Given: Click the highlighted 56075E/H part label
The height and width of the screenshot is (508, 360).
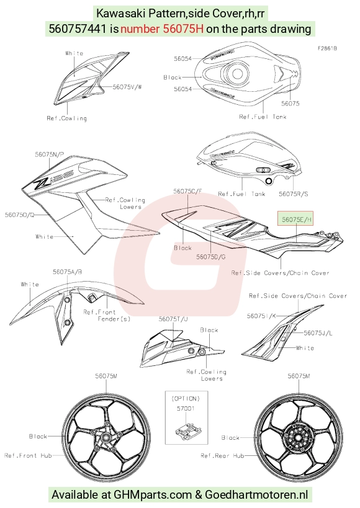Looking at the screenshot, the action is click(x=297, y=220).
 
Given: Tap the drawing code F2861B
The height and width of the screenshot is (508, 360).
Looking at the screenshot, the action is click(x=327, y=48).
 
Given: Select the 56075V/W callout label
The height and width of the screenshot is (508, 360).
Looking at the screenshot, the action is click(x=127, y=87).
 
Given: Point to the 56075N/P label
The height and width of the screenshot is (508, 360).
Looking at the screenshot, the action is click(x=49, y=154).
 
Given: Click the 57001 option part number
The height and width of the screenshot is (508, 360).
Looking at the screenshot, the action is click(x=186, y=409).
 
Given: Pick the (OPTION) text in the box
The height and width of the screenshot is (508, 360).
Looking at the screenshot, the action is click(x=186, y=398).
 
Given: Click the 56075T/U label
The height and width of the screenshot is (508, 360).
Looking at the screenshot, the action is click(x=173, y=319).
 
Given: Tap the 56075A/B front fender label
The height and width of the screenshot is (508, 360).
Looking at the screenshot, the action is click(x=67, y=272).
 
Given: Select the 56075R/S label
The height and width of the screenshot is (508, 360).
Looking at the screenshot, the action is click(x=294, y=194).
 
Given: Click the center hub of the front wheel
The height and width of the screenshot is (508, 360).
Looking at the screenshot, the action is click(x=106, y=438).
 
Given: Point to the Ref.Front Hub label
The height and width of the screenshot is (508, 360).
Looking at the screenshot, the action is click(x=28, y=455).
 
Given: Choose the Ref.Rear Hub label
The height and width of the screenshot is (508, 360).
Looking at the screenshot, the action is click(x=222, y=455).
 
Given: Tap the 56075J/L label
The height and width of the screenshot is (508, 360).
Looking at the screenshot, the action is click(x=318, y=332).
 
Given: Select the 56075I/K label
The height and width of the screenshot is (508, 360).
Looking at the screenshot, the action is click(x=261, y=316).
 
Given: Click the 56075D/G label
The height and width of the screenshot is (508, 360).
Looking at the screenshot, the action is click(x=211, y=257).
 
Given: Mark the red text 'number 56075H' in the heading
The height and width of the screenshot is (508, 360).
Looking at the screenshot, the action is click(x=162, y=29).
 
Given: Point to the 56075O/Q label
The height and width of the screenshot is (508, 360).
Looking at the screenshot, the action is click(x=19, y=215).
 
